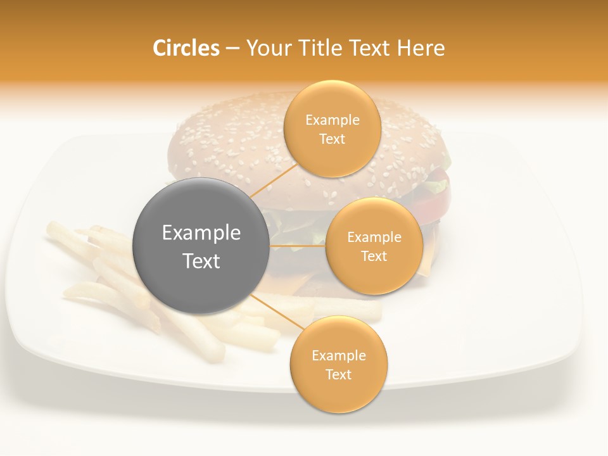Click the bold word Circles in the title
[186, 48]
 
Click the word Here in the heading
[421, 48]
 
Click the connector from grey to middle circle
[298, 246]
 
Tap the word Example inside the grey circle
[201, 233]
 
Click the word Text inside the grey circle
[201, 261]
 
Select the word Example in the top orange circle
[332, 120]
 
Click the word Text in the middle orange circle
[374, 256]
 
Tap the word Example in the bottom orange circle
[338, 356]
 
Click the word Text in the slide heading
[369, 48]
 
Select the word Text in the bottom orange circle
[338, 375]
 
